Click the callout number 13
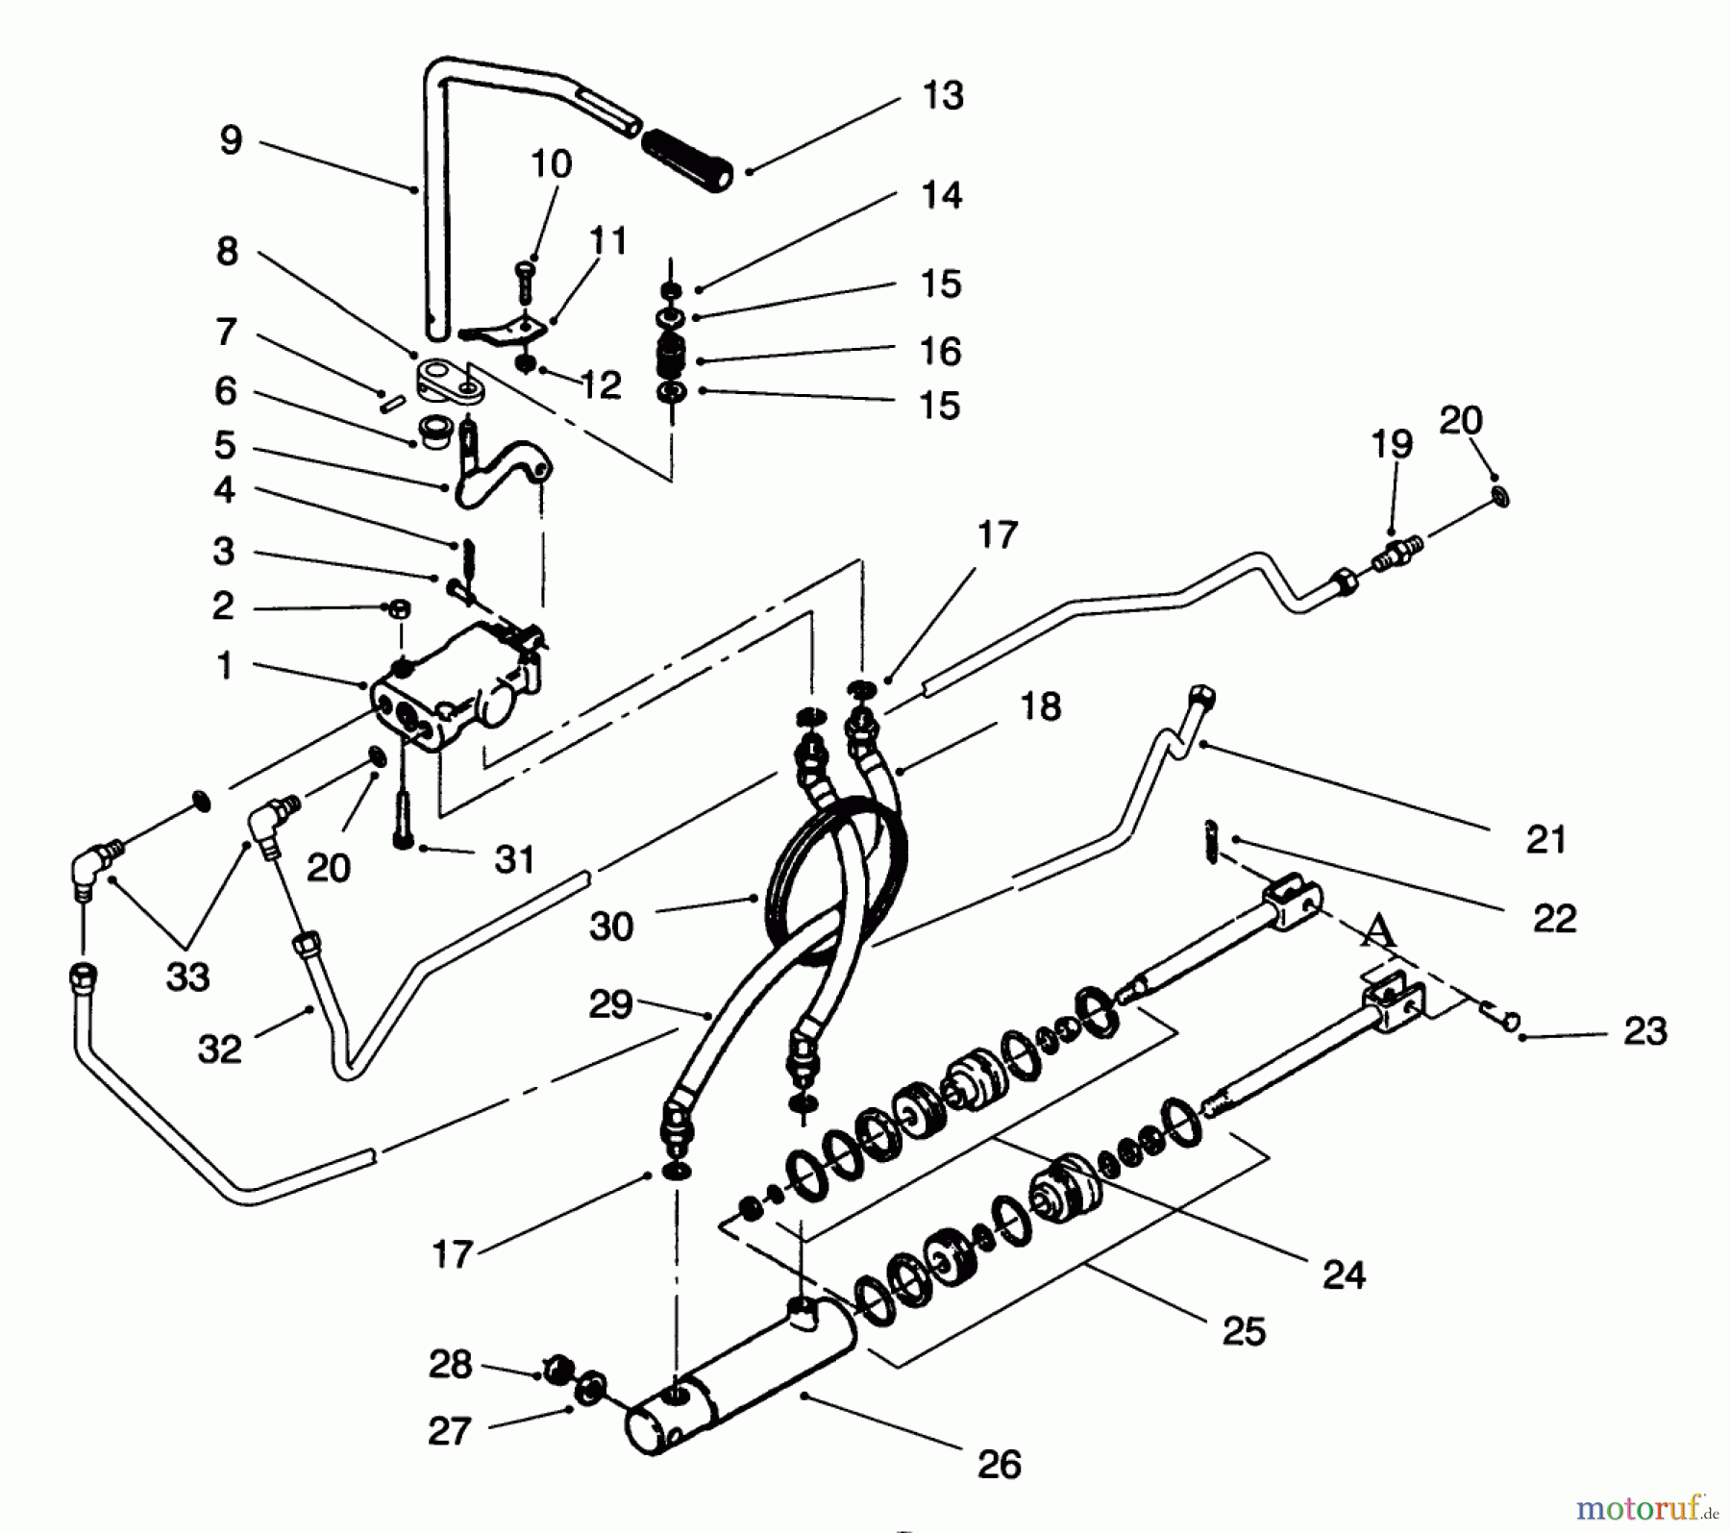(x=942, y=96)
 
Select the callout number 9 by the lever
(x=231, y=140)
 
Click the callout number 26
(x=999, y=1464)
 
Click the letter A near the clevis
(x=1379, y=929)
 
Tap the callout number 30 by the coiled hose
(x=611, y=927)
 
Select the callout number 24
(x=1344, y=1275)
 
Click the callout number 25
(x=1244, y=1331)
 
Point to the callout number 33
(x=187, y=977)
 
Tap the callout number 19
(x=1392, y=444)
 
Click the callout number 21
(x=1545, y=839)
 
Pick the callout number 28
(x=450, y=1364)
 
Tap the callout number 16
(x=940, y=351)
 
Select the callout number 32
(x=219, y=1049)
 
